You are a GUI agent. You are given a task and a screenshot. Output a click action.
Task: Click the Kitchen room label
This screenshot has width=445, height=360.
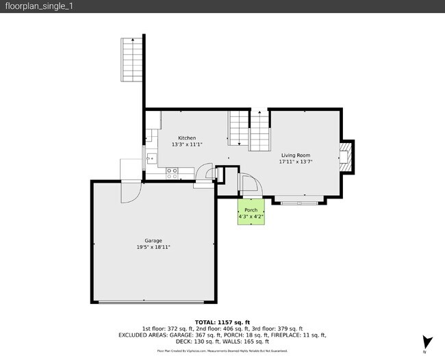click(x=187, y=138)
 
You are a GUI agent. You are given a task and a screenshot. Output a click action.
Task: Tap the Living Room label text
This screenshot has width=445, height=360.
click(x=295, y=155)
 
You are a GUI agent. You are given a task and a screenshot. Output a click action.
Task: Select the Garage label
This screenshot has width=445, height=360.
click(x=153, y=240)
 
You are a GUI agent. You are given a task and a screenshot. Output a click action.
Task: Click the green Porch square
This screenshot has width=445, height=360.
click(x=251, y=213)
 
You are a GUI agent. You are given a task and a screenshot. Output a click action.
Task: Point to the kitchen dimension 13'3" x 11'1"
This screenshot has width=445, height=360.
click(x=187, y=145)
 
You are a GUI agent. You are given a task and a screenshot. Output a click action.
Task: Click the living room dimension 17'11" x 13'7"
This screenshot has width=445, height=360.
click(x=295, y=163)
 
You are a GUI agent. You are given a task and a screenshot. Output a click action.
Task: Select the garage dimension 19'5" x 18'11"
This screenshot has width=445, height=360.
click(x=153, y=247)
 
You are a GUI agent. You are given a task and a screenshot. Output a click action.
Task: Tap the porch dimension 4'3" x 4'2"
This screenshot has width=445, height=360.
click(x=251, y=217)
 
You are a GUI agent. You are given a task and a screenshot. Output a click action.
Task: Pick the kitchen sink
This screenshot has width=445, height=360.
click(x=151, y=159)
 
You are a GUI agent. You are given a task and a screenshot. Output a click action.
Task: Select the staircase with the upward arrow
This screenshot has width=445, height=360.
click(x=260, y=131)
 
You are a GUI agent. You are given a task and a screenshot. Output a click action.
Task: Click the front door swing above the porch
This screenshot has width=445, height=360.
click(x=249, y=186)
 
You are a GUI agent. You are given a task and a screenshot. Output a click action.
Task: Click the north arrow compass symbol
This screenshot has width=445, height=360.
click(x=427, y=342)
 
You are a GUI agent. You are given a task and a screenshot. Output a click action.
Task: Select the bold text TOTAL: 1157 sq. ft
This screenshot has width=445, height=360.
click(x=222, y=322)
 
